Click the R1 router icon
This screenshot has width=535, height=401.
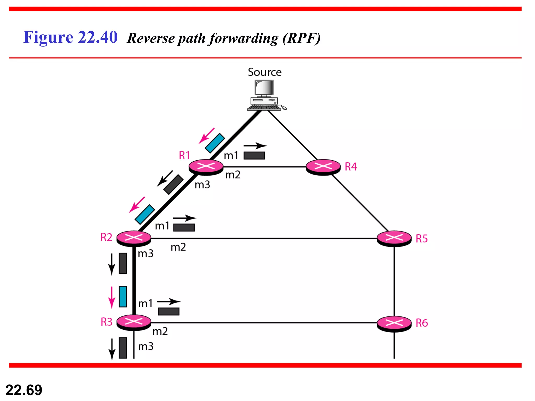pyautogui.click(x=206, y=166)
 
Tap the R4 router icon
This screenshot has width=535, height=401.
pyautogui.click(x=323, y=167)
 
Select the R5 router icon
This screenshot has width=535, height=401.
pyautogui.click(x=394, y=238)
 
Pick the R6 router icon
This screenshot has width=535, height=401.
pyautogui.click(x=394, y=323)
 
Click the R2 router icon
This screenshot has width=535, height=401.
pyautogui.click(x=134, y=238)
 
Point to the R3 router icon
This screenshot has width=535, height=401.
pyautogui.click(x=134, y=322)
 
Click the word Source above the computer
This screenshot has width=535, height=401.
pyautogui.click(x=265, y=72)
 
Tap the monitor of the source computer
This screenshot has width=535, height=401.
pyautogui.click(x=264, y=88)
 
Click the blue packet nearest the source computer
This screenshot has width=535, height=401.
pyautogui.click(x=215, y=143)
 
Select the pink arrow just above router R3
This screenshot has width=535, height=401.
pyautogui.click(x=112, y=297)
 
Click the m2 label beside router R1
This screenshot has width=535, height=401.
pyautogui.click(x=232, y=175)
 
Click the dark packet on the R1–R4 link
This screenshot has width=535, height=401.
pyautogui.click(x=254, y=156)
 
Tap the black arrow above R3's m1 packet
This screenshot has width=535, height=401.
pyautogui.click(x=169, y=302)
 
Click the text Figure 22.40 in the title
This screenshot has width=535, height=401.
pyautogui.click(x=70, y=37)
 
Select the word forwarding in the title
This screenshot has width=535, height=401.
pyautogui.click(x=244, y=39)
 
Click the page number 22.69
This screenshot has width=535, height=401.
pyautogui.click(x=24, y=390)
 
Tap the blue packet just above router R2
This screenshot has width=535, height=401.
pyautogui.click(x=145, y=214)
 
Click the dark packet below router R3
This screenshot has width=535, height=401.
pyautogui.click(x=123, y=348)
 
